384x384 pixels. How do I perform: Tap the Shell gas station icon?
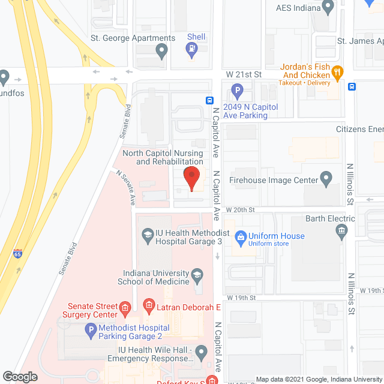pyautogui.click(x=192, y=52)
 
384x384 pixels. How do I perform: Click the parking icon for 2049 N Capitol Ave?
pyautogui.click(x=238, y=92)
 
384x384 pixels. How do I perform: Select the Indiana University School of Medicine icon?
pyautogui.click(x=197, y=277)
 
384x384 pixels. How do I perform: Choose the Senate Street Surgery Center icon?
pyautogui.click(x=125, y=310)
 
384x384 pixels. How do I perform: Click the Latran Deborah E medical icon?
pyautogui.click(x=148, y=307)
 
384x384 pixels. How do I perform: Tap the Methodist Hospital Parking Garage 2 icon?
pyautogui.click(x=91, y=330)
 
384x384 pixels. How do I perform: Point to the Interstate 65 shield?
pyautogui.click(x=18, y=254)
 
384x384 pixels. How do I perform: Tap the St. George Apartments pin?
pyautogui.click(x=161, y=52)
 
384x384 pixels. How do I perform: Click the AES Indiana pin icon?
pyautogui.click(x=328, y=7)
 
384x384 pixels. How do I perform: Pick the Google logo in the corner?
pyautogui.click(x=19, y=377)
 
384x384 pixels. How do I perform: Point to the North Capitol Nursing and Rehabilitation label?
pyautogui.click(x=163, y=157)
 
